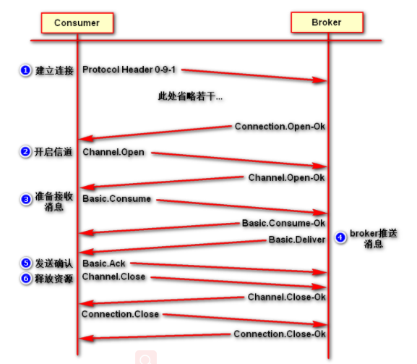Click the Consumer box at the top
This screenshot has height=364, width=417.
click(x=76, y=23)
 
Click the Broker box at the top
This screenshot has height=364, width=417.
click(x=326, y=22)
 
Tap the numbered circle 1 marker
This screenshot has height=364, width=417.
click(x=25, y=70)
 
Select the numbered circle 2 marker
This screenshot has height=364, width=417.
click(x=25, y=152)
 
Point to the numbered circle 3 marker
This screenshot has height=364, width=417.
click(x=25, y=198)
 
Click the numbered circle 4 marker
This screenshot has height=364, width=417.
click(x=340, y=237)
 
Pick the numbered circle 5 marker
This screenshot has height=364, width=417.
click(x=25, y=263)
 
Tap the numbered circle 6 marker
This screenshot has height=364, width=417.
click(x=25, y=278)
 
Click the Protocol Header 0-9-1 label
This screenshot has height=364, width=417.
click(x=129, y=69)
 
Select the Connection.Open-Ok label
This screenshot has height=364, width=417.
click(x=280, y=127)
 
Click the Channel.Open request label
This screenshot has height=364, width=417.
click(x=113, y=152)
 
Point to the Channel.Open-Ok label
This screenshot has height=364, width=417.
click(x=286, y=177)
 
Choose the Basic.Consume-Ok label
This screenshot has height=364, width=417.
click(x=283, y=223)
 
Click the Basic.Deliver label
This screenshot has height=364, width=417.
click(x=297, y=240)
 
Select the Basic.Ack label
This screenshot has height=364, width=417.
click(x=105, y=263)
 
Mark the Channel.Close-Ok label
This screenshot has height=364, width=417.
click(x=286, y=297)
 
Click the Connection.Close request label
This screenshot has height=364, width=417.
click(x=120, y=314)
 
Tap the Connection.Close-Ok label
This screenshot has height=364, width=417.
click(x=280, y=334)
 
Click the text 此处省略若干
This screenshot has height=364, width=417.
click(x=190, y=96)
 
